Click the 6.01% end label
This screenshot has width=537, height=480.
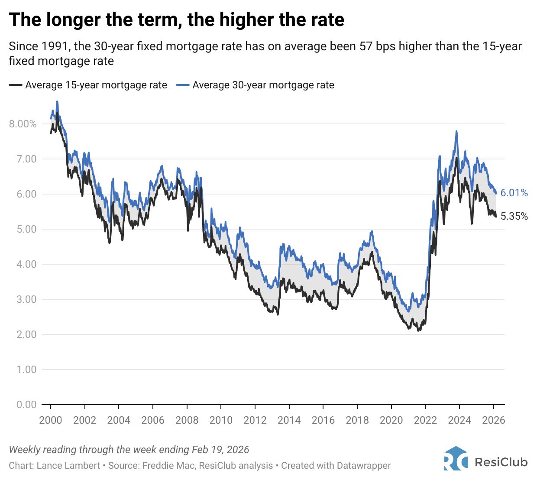click(x=514, y=193)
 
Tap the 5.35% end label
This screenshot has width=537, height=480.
click(x=514, y=216)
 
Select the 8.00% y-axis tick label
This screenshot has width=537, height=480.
click(x=23, y=124)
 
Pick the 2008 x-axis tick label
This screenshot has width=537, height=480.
click(x=187, y=420)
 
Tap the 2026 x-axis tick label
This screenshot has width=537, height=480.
click(x=494, y=420)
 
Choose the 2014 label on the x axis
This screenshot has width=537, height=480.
click(x=289, y=420)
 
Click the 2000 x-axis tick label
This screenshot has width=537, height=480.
click(x=51, y=420)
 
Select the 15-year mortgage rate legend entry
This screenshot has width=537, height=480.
click(x=88, y=85)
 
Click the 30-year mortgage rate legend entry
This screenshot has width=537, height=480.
click(x=256, y=85)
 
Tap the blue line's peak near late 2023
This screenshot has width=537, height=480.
click(x=456, y=131)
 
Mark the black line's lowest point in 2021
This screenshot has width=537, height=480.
click(x=418, y=331)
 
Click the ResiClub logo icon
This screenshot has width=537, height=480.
click(x=456, y=458)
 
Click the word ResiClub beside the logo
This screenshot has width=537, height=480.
click(x=501, y=462)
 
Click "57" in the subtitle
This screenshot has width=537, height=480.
click(x=366, y=46)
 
